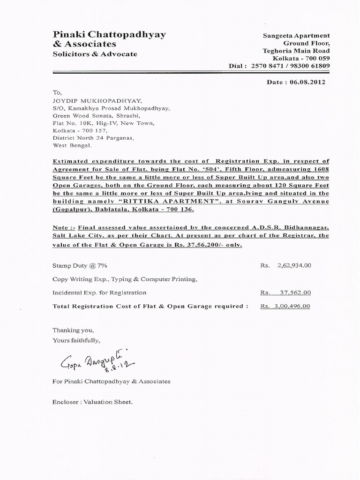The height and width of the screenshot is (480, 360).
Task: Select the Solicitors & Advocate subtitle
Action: click(95, 54)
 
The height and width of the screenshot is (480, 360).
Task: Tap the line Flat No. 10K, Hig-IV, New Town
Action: click(103, 123)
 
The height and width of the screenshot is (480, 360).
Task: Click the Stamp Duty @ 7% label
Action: click(80, 265)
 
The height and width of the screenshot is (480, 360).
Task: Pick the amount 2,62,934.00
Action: click(294, 265)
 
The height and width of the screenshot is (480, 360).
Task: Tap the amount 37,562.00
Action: click(294, 292)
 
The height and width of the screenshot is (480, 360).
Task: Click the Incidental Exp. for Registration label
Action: click(99, 292)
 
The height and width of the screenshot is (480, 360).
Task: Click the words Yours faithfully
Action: click(76, 340)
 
